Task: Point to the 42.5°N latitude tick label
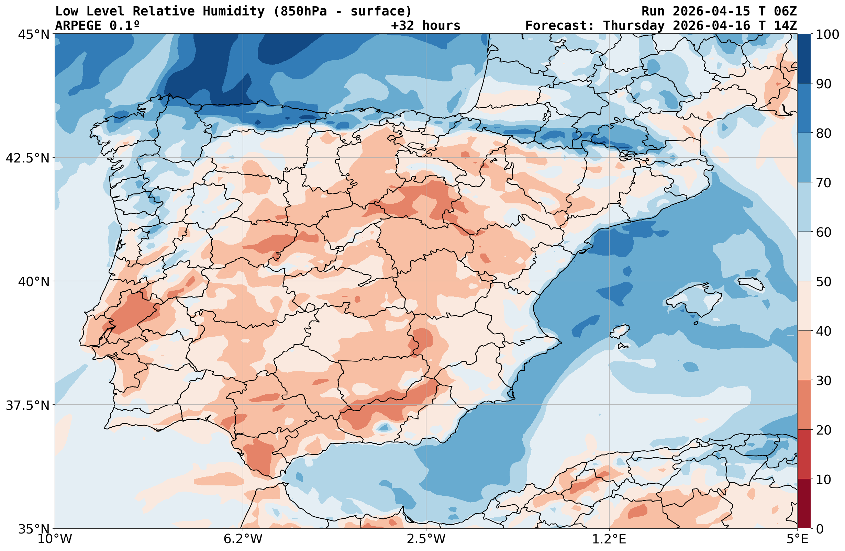tap(28, 158)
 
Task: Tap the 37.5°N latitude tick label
tap(28, 405)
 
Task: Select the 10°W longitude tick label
tap(55, 539)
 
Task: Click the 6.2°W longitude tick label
tap(243, 539)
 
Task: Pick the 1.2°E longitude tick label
tap(609, 539)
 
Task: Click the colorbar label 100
tap(827, 34)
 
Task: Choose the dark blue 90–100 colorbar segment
tap(804, 59)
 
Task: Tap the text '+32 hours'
tap(425, 25)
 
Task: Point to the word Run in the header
tap(653, 11)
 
